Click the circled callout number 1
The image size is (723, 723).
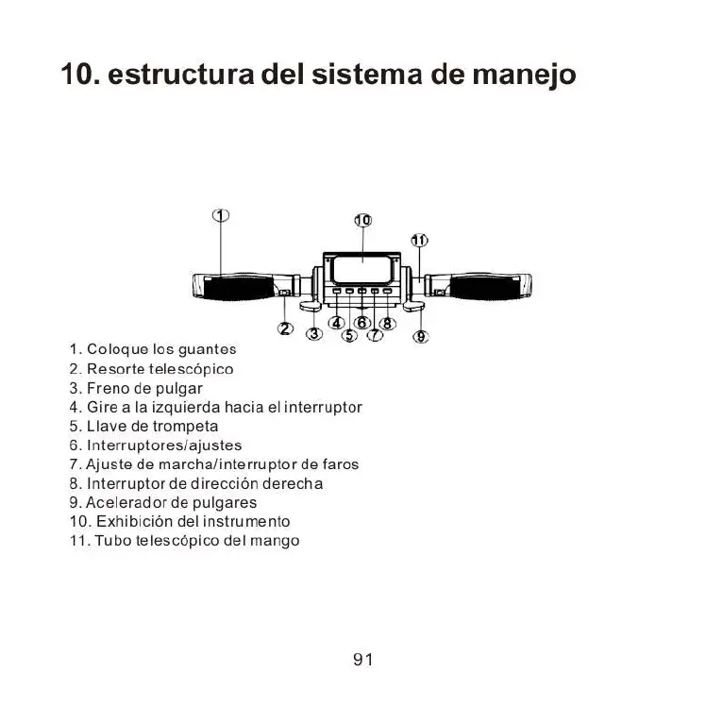click(220, 214)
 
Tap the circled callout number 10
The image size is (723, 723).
click(362, 220)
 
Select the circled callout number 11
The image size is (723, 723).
click(419, 240)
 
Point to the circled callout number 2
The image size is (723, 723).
click(285, 328)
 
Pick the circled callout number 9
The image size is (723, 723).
click(422, 335)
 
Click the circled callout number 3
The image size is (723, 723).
click(314, 333)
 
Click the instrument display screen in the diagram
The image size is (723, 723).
click(361, 271)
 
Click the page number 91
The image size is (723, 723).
click(362, 660)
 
